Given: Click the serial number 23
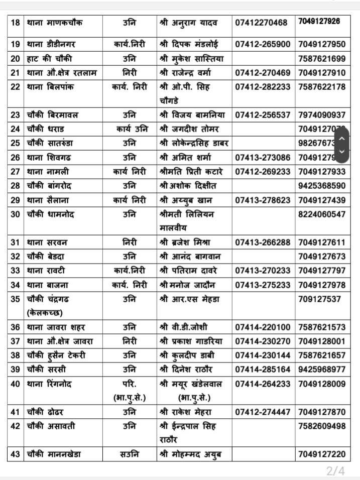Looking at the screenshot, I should (x=15, y=114).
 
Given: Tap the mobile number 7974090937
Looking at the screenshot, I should (x=321, y=114).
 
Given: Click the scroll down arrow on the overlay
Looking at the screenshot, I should (x=341, y=152).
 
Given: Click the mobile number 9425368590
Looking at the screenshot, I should (x=321, y=186).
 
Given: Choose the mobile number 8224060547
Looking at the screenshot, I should (x=321, y=214).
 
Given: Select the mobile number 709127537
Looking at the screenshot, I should (x=319, y=299).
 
